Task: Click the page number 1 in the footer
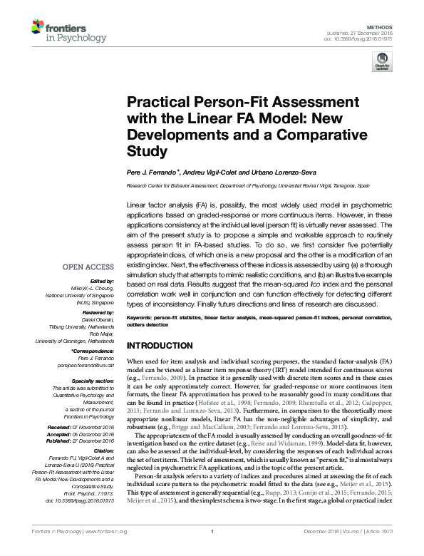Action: (212, 551)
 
